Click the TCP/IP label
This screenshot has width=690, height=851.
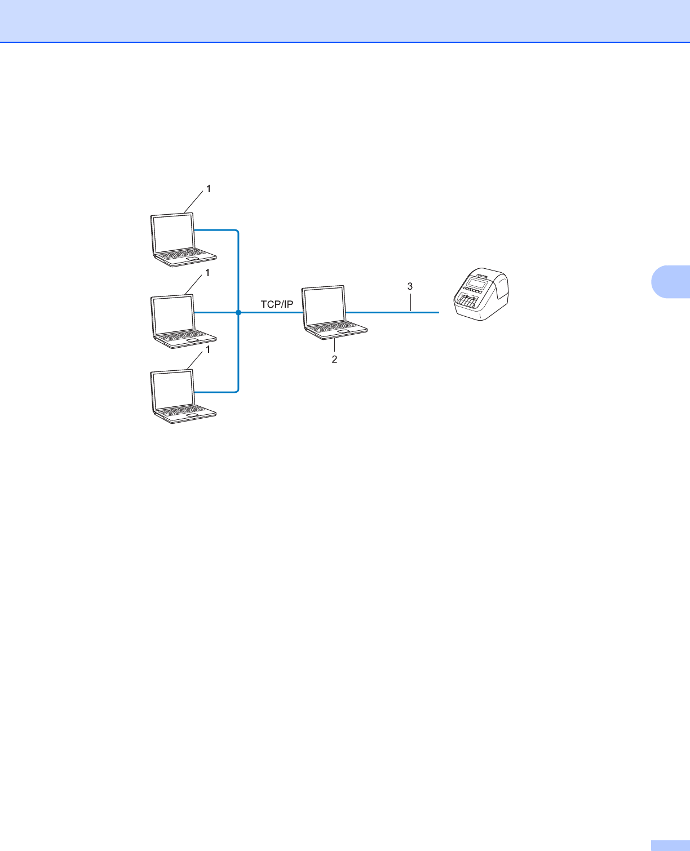(277, 304)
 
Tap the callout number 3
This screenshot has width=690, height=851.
(410, 286)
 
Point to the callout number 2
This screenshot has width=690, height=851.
(334, 359)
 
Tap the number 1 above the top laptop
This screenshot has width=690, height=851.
(209, 189)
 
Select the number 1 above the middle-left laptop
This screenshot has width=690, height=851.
(207, 273)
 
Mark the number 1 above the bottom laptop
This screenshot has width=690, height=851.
(207, 349)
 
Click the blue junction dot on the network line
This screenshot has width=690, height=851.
(238, 312)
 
